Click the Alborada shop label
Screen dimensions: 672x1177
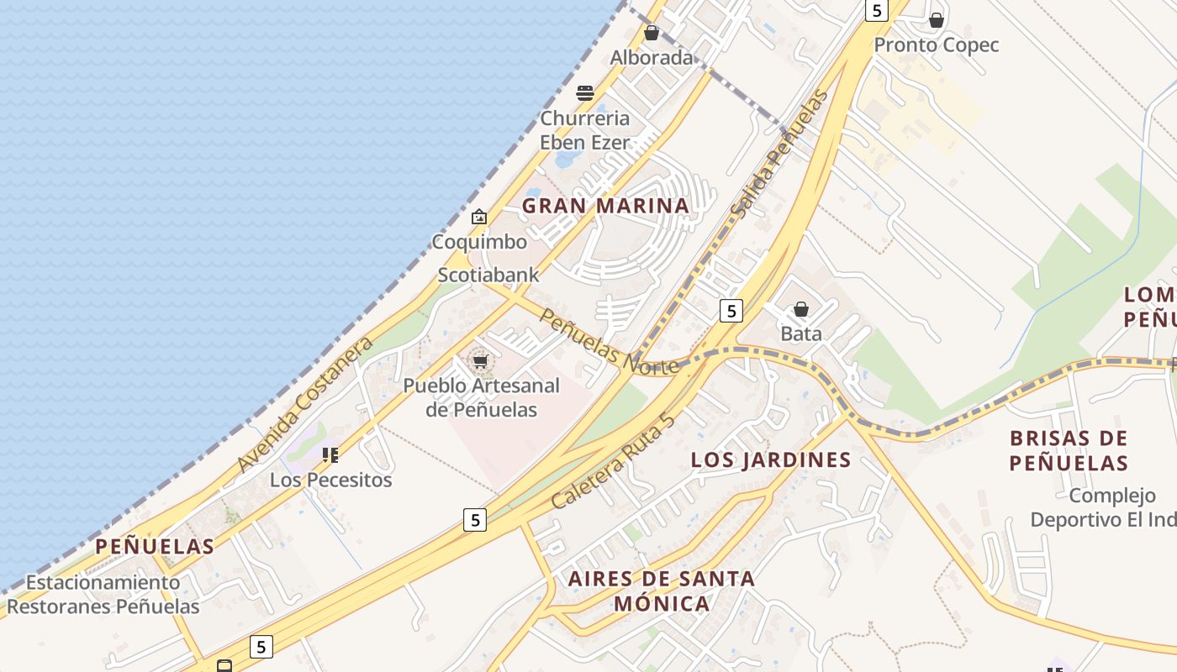pos(652,58)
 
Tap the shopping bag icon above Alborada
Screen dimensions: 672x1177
pos(652,34)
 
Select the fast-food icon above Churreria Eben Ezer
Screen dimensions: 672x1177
pos(585,92)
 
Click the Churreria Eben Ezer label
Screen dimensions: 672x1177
pos(585,130)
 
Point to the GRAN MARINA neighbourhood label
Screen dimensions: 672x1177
pos(605,206)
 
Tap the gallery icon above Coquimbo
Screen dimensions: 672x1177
pos(479,217)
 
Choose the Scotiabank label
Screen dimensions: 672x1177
pos(488,275)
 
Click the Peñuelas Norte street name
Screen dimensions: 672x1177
pos(609,341)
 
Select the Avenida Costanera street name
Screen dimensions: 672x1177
pos(304,405)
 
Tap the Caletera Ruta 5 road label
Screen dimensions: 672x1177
pos(614,462)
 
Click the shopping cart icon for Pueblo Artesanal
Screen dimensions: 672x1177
pos(480,361)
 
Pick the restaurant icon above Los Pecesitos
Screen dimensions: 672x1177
pos(330,455)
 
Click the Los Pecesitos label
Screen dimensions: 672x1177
pos(330,480)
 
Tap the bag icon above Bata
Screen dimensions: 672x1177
pos(801,309)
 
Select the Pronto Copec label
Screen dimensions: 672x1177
pos(937,45)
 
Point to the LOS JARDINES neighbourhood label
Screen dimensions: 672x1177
pos(771,459)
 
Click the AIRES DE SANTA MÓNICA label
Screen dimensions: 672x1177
pos(662,591)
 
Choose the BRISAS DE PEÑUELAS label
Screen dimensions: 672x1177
pos(1069,450)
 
